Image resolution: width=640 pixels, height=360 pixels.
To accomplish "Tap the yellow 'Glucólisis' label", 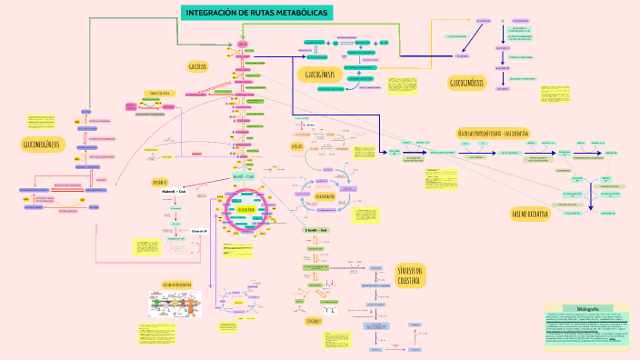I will tap(198, 66).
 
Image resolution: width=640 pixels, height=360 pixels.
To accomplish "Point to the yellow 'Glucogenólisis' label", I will tap(466, 83).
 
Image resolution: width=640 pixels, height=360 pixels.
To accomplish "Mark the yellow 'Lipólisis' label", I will tap(296, 145).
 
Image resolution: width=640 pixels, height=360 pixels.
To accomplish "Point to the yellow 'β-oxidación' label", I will tap(326, 195).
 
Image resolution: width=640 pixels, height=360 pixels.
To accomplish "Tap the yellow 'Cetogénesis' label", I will tap(313, 320).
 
